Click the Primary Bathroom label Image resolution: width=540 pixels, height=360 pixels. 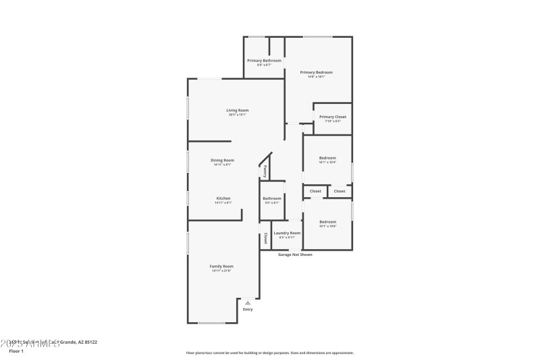tap(263, 61)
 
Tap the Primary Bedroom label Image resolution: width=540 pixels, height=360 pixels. tap(316, 72)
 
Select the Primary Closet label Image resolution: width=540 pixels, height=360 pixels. tap(333, 117)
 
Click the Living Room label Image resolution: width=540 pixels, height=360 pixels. tap(237, 110)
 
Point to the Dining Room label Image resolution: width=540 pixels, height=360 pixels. tap(223, 160)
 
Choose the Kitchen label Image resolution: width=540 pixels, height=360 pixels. tap(223, 199)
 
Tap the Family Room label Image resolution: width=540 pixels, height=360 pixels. tap(221, 266)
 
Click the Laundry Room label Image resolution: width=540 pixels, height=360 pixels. tap(287, 233)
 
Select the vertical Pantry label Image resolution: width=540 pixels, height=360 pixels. tap(265, 171)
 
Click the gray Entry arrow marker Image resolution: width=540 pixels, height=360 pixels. tap(248, 303)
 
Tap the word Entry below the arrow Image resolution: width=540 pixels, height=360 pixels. tap(248, 309)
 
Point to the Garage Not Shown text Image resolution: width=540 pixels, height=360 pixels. tap(296, 255)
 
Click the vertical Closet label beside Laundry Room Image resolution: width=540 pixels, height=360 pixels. tap(265, 238)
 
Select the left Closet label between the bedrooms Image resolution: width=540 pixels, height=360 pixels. tap(315, 191)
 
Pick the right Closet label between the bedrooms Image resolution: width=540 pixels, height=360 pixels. tap(340, 191)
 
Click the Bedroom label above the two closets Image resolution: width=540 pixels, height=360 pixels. tap(327, 158)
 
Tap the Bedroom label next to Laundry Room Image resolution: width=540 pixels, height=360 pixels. tap(327, 222)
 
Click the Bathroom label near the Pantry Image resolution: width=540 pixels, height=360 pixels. tap(272, 199)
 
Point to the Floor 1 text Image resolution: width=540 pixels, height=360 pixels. tap(16, 351)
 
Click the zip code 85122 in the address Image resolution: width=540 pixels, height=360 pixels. tap(89, 342)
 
